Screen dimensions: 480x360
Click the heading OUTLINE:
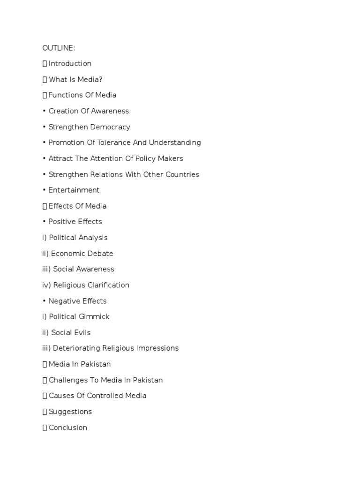pyautogui.click(x=59, y=48)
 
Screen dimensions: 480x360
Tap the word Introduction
pyautogui.click(x=70, y=64)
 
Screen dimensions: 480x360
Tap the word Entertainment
pyautogui.click(x=74, y=190)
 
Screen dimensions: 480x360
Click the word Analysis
pyautogui.click(x=93, y=238)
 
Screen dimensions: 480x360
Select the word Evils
pyautogui.click(x=82, y=333)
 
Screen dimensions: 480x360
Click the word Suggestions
pyautogui.click(x=70, y=412)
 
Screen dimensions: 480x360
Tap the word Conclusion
pyautogui.click(x=67, y=427)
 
